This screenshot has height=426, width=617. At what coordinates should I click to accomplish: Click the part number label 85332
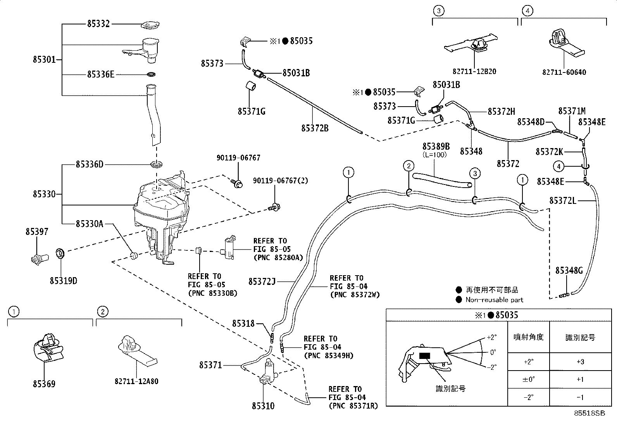[98, 24]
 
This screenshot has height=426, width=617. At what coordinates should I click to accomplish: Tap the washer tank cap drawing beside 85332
[150, 25]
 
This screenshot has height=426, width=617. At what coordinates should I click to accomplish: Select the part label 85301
[44, 60]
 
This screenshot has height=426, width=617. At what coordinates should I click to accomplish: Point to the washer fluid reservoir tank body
[161, 218]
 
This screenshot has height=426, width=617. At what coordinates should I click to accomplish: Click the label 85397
[37, 232]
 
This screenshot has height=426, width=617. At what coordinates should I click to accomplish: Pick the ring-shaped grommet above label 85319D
[60, 254]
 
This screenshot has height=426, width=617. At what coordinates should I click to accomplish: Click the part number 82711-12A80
[136, 381]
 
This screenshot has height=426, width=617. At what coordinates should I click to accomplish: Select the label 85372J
[262, 282]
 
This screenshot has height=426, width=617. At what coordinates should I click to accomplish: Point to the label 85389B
[436, 146]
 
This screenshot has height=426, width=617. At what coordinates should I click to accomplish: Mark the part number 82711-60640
[564, 72]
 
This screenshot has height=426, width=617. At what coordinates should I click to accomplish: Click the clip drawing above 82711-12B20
[471, 45]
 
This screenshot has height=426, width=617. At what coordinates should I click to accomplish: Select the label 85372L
[563, 201]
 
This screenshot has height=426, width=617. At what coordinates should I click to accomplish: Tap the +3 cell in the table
[580, 362]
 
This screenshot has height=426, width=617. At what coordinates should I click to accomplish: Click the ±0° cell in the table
[529, 379]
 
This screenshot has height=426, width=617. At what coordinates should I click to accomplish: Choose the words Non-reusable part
[495, 300]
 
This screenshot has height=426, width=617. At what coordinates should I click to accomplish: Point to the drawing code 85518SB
[589, 413]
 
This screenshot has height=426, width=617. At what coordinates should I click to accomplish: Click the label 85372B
[315, 128]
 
